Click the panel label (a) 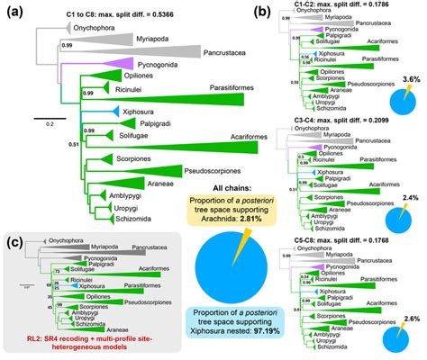tap(13, 13)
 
